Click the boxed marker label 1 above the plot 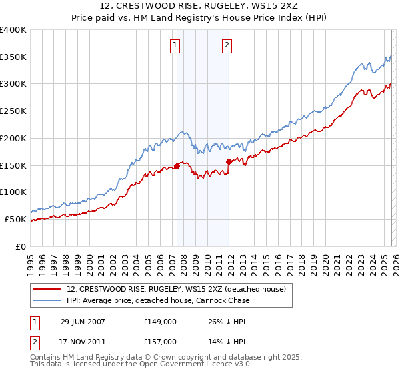(x=175, y=45)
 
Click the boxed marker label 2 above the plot (x=227, y=45)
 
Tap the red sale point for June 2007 (x=177, y=165)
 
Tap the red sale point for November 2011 (x=228, y=161)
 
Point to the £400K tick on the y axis (x=13, y=30)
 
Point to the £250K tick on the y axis (x=13, y=111)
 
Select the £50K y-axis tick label (x=16, y=219)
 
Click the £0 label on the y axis (x=21, y=246)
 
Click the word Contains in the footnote (x=47, y=358)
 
